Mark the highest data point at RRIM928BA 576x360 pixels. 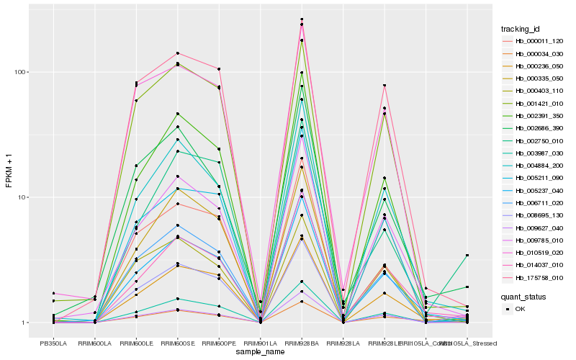click(x=302, y=19)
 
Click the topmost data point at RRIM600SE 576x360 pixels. click(x=177, y=53)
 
